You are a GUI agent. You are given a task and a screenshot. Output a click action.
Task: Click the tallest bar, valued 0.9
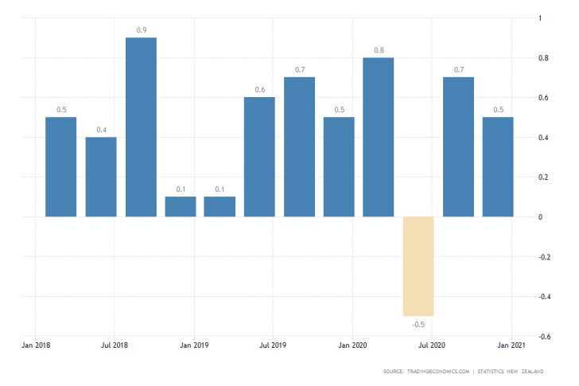141,127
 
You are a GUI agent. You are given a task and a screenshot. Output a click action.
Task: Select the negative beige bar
418,267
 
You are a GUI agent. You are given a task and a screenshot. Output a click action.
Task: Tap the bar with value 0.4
101,177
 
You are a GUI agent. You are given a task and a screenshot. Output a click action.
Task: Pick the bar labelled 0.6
259,157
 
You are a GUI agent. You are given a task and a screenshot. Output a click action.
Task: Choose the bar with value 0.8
379,137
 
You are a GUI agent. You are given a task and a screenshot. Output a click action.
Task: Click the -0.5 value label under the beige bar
418,324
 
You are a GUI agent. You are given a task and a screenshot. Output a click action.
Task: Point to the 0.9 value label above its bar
141,30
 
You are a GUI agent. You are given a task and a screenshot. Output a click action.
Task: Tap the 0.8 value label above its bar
379,50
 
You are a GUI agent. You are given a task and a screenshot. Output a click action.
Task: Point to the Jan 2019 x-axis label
194,345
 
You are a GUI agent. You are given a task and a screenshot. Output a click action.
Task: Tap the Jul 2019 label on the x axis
273,345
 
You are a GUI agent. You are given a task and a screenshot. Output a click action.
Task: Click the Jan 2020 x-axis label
352,345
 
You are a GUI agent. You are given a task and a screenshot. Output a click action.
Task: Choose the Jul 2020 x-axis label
431,345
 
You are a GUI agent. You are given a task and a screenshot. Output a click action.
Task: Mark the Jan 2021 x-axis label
510,345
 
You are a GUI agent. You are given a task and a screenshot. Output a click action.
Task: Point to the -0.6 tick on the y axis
543,337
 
